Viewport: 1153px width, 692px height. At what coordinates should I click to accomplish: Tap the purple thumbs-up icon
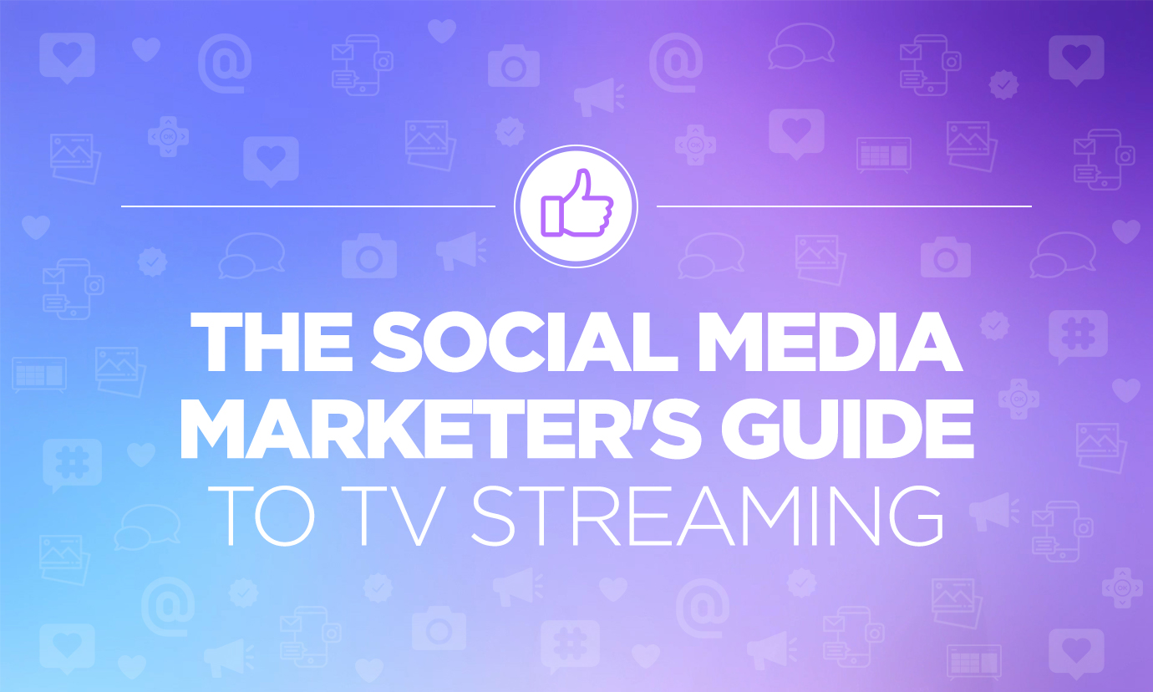(576, 206)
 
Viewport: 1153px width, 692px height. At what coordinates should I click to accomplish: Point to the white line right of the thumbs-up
(844, 206)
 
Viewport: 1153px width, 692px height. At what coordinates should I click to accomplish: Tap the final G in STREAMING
(912, 511)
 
